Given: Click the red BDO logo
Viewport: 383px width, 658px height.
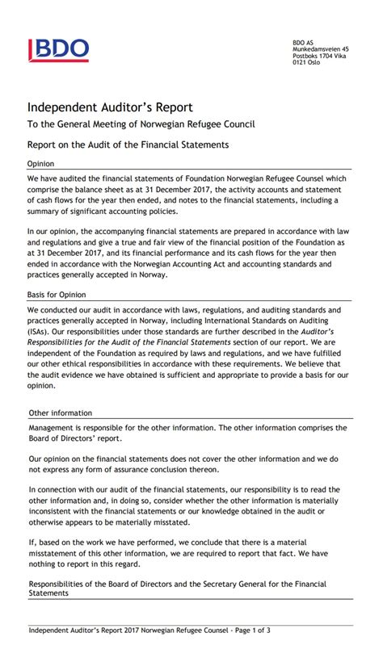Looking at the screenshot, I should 59,50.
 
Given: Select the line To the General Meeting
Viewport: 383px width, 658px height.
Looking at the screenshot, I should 141,124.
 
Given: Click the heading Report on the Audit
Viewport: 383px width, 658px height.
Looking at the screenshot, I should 128,145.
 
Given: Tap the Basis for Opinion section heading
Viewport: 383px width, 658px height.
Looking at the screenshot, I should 57,295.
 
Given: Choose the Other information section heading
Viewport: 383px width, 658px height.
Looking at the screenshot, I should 60,413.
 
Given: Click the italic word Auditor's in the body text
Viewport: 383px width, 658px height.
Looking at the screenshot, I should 329,330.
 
